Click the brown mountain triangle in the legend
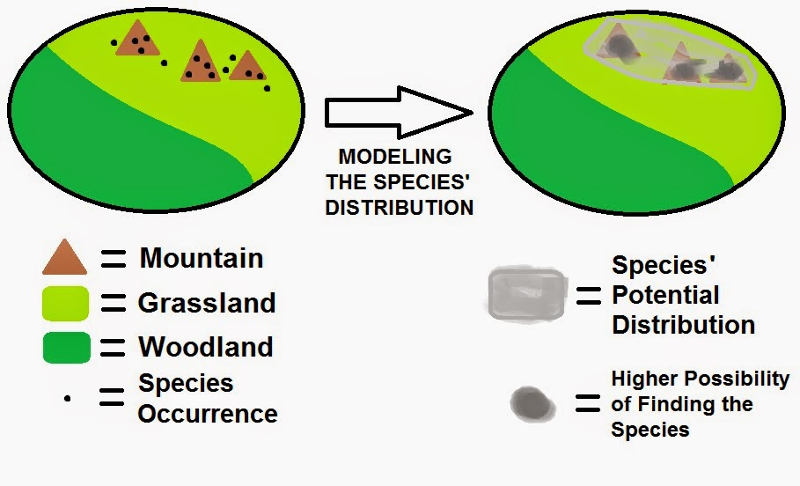64,259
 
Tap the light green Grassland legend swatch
65,303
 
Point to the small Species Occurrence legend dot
68,398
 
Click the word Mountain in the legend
202,258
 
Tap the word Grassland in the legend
207,303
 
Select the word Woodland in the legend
205,346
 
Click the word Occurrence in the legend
208,413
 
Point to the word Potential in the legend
665,295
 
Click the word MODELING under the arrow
395,157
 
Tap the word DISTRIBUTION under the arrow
399,208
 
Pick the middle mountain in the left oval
201,63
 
